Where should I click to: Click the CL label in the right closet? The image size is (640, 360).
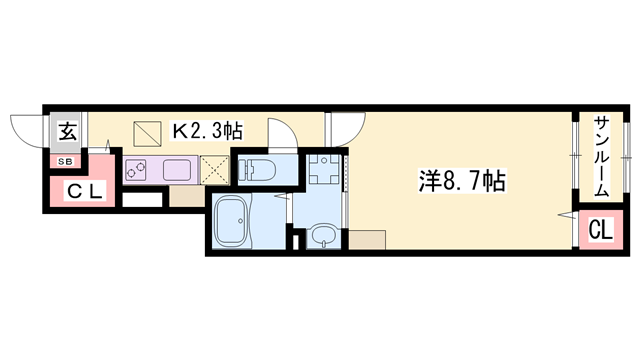pos(599,231)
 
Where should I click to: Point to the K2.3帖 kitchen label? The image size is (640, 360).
pos(207,131)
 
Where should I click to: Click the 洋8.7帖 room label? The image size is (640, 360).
pos(461,182)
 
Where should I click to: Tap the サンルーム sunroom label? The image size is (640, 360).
pos(602,156)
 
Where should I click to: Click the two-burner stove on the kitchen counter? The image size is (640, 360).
pos(137,168)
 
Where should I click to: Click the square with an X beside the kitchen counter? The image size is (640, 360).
pos(214,168)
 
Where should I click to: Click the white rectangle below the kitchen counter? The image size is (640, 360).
pos(142,198)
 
